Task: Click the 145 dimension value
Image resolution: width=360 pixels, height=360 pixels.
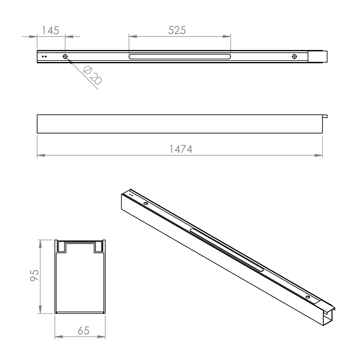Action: pyautogui.click(x=50, y=30)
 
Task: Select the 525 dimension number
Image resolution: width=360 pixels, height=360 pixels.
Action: pyautogui.click(x=177, y=30)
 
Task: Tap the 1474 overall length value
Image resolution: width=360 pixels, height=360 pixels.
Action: pyautogui.click(x=181, y=149)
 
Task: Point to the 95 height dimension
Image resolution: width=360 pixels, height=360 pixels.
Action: pyautogui.click(x=34, y=275)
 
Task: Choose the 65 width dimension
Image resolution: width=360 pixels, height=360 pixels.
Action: pyautogui.click(x=84, y=330)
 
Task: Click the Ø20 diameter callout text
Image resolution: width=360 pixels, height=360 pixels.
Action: pyautogui.click(x=92, y=76)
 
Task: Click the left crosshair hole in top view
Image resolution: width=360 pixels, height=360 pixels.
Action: pyautogui.click(x=65, y=56)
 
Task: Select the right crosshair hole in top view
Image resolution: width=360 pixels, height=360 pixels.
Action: pyautogui.click(x=294, y=56)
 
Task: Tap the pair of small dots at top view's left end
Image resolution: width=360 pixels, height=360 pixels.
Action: pyautogui.click(x=44, y=56)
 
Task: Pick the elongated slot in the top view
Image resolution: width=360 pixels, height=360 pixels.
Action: pyautogui.click(x=180, y=57)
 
